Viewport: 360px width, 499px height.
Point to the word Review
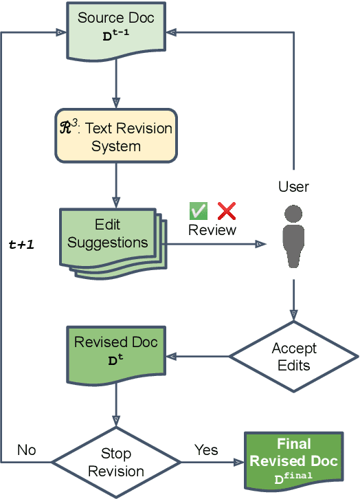212,230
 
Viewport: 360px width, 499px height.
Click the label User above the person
294,187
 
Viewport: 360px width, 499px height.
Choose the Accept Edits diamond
294,356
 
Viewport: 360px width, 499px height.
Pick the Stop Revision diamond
116,462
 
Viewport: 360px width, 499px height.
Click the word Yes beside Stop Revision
206,450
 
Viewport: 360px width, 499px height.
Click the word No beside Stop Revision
26,450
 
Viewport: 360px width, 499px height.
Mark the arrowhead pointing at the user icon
260,243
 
